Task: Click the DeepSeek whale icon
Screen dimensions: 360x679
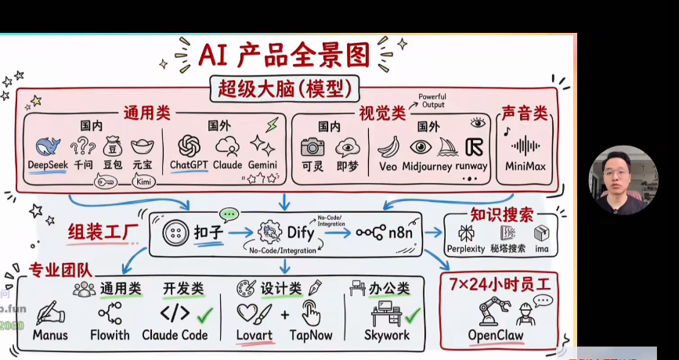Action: tap(47, 146)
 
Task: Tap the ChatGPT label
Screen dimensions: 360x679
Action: tap(188, 165)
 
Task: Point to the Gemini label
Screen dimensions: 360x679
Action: tap(264, 165)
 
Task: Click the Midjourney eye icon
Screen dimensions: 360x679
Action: tap(421, 146)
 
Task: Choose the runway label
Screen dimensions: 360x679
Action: tap(472, 166)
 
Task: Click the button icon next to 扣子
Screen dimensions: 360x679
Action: tap(175, 232)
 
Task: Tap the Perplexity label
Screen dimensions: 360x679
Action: tap(466, 250)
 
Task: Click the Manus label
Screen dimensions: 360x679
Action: tap(50, 335)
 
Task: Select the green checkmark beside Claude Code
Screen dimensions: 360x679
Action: tap(205, 314)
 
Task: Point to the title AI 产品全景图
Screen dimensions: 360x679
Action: tap(283, 55)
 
